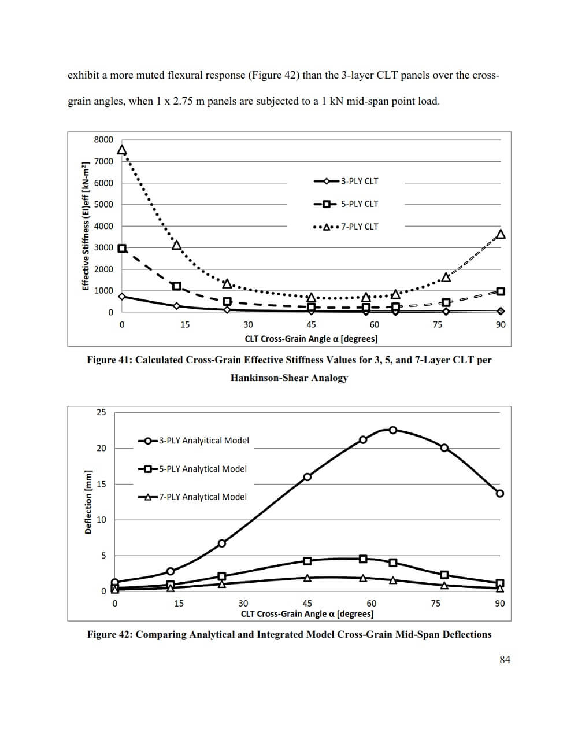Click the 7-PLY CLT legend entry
(346, 227)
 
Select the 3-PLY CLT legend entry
(346, 181)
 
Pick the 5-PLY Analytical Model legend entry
(193, 469)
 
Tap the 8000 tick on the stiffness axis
(103, 139)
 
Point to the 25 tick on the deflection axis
(101, 412)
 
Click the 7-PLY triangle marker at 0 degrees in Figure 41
(122, 150)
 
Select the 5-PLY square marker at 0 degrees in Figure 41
(122, 249)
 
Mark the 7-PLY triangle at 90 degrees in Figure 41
(501, 234)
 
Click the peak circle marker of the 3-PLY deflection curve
(393, 430)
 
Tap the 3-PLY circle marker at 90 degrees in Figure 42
(500, 493)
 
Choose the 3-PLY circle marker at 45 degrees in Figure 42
(307, 477)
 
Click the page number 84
(505, 660)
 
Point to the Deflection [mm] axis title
(88, 502)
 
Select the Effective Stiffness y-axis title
(86, 226)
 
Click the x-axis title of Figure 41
(311, 339)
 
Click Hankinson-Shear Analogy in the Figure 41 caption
(289, 378)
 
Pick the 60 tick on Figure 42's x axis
(371, 603)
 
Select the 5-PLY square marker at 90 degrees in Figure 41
(501, 291)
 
